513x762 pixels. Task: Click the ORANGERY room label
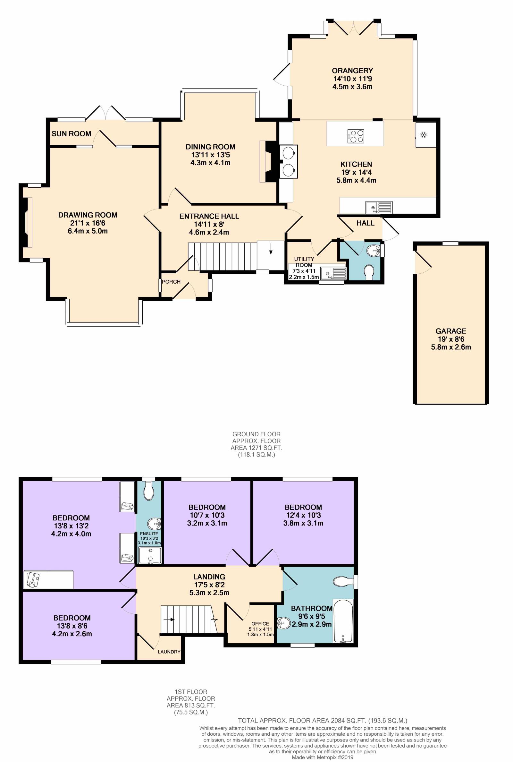352,70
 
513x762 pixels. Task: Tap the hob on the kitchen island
356,136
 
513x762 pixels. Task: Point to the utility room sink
333,273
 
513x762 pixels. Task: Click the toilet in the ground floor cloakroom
369,272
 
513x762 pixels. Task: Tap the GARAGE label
451,331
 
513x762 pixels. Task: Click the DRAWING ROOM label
88,215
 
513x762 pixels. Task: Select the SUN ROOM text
71,133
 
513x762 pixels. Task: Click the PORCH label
171,281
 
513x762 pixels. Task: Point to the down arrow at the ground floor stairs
271,251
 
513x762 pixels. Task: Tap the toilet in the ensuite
149,491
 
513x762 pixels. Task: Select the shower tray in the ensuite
150,555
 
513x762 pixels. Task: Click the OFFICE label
260,623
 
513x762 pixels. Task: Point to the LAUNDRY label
169,652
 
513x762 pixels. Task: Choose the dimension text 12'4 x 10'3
303,515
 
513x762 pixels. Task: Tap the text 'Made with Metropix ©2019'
323,757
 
